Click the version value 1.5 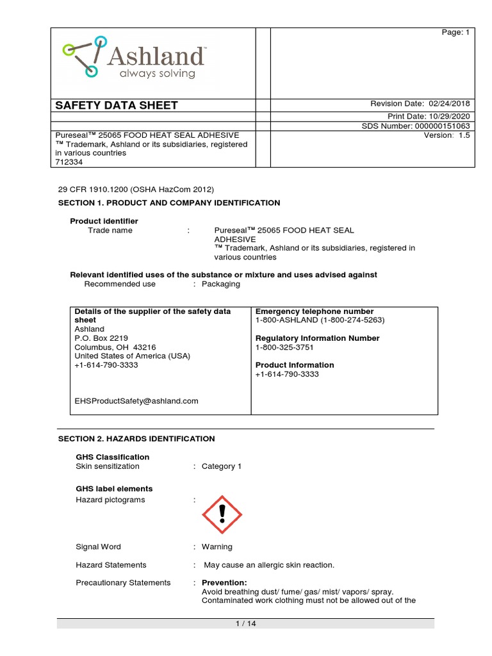(x=464, y=135)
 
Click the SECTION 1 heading (x=169, y=202)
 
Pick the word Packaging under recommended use (x=220, y=284)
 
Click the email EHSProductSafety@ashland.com (x=136, y=401)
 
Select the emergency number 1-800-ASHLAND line (x=320, y=320)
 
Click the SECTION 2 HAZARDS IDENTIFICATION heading (x=136, y=439)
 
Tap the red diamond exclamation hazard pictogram (x=222, y=514)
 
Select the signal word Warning (x=217, y=546)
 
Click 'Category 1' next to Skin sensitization (x=221, y=466)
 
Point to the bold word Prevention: (x=224, y=582)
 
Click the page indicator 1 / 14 (x=246, y=623)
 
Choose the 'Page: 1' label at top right (x=456, y=33)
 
